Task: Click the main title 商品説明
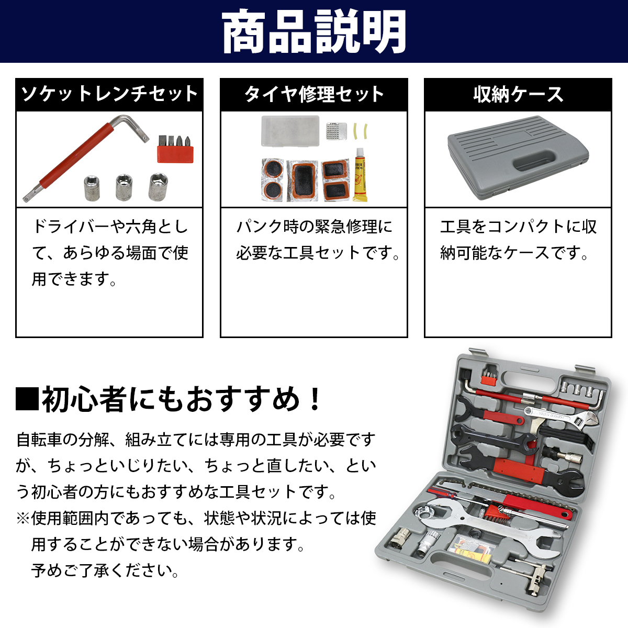tap(314, 31)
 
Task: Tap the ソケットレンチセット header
tap(109, 95)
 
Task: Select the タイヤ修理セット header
tap(314, 95)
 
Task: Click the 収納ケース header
tap(518, 95)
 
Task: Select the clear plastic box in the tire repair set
tap(290, 130)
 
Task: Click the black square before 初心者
tap(27, 399)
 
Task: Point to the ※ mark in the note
tap(23, 518)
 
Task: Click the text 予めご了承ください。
tap(105, 570)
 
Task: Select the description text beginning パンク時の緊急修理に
tap(314, 227)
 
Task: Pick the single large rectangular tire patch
tap(303, 180)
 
